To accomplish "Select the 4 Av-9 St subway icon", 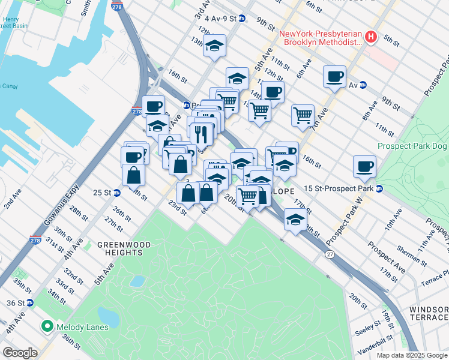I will pos(241,19).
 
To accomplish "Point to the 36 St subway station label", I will pos(14,302).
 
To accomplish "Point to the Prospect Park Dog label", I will pos(412,146).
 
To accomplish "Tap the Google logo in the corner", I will pos(20,353).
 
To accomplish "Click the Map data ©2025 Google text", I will pos(412,355).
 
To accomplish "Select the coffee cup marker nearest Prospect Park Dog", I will pos(364,166).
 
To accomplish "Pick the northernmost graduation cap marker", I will pos(214,46).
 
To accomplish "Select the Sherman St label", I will pos(412,256).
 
